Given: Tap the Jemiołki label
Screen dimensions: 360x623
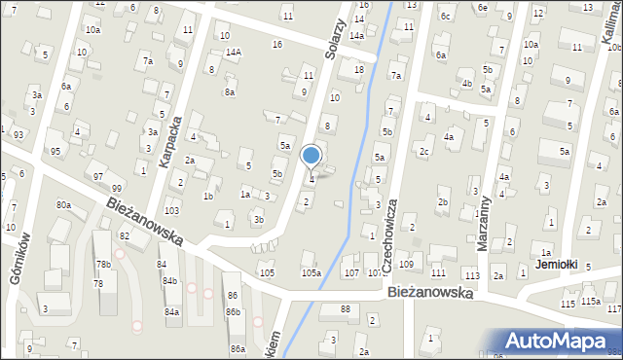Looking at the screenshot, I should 557,265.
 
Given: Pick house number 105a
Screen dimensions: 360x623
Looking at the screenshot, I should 311,273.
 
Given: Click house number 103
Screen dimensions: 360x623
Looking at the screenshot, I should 171,211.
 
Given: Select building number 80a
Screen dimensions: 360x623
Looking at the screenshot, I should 63,205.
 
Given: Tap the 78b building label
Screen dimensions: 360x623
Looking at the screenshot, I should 103,265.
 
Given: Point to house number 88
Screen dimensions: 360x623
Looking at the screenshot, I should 346,309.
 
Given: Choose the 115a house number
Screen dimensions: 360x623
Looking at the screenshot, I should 591,303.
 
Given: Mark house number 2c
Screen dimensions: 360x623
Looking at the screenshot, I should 422,152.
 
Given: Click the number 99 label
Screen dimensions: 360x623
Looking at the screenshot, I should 117,188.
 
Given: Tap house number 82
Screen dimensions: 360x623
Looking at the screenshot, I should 125,236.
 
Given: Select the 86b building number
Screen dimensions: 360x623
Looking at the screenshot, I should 233,311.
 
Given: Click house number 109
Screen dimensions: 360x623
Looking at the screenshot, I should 406,265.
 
